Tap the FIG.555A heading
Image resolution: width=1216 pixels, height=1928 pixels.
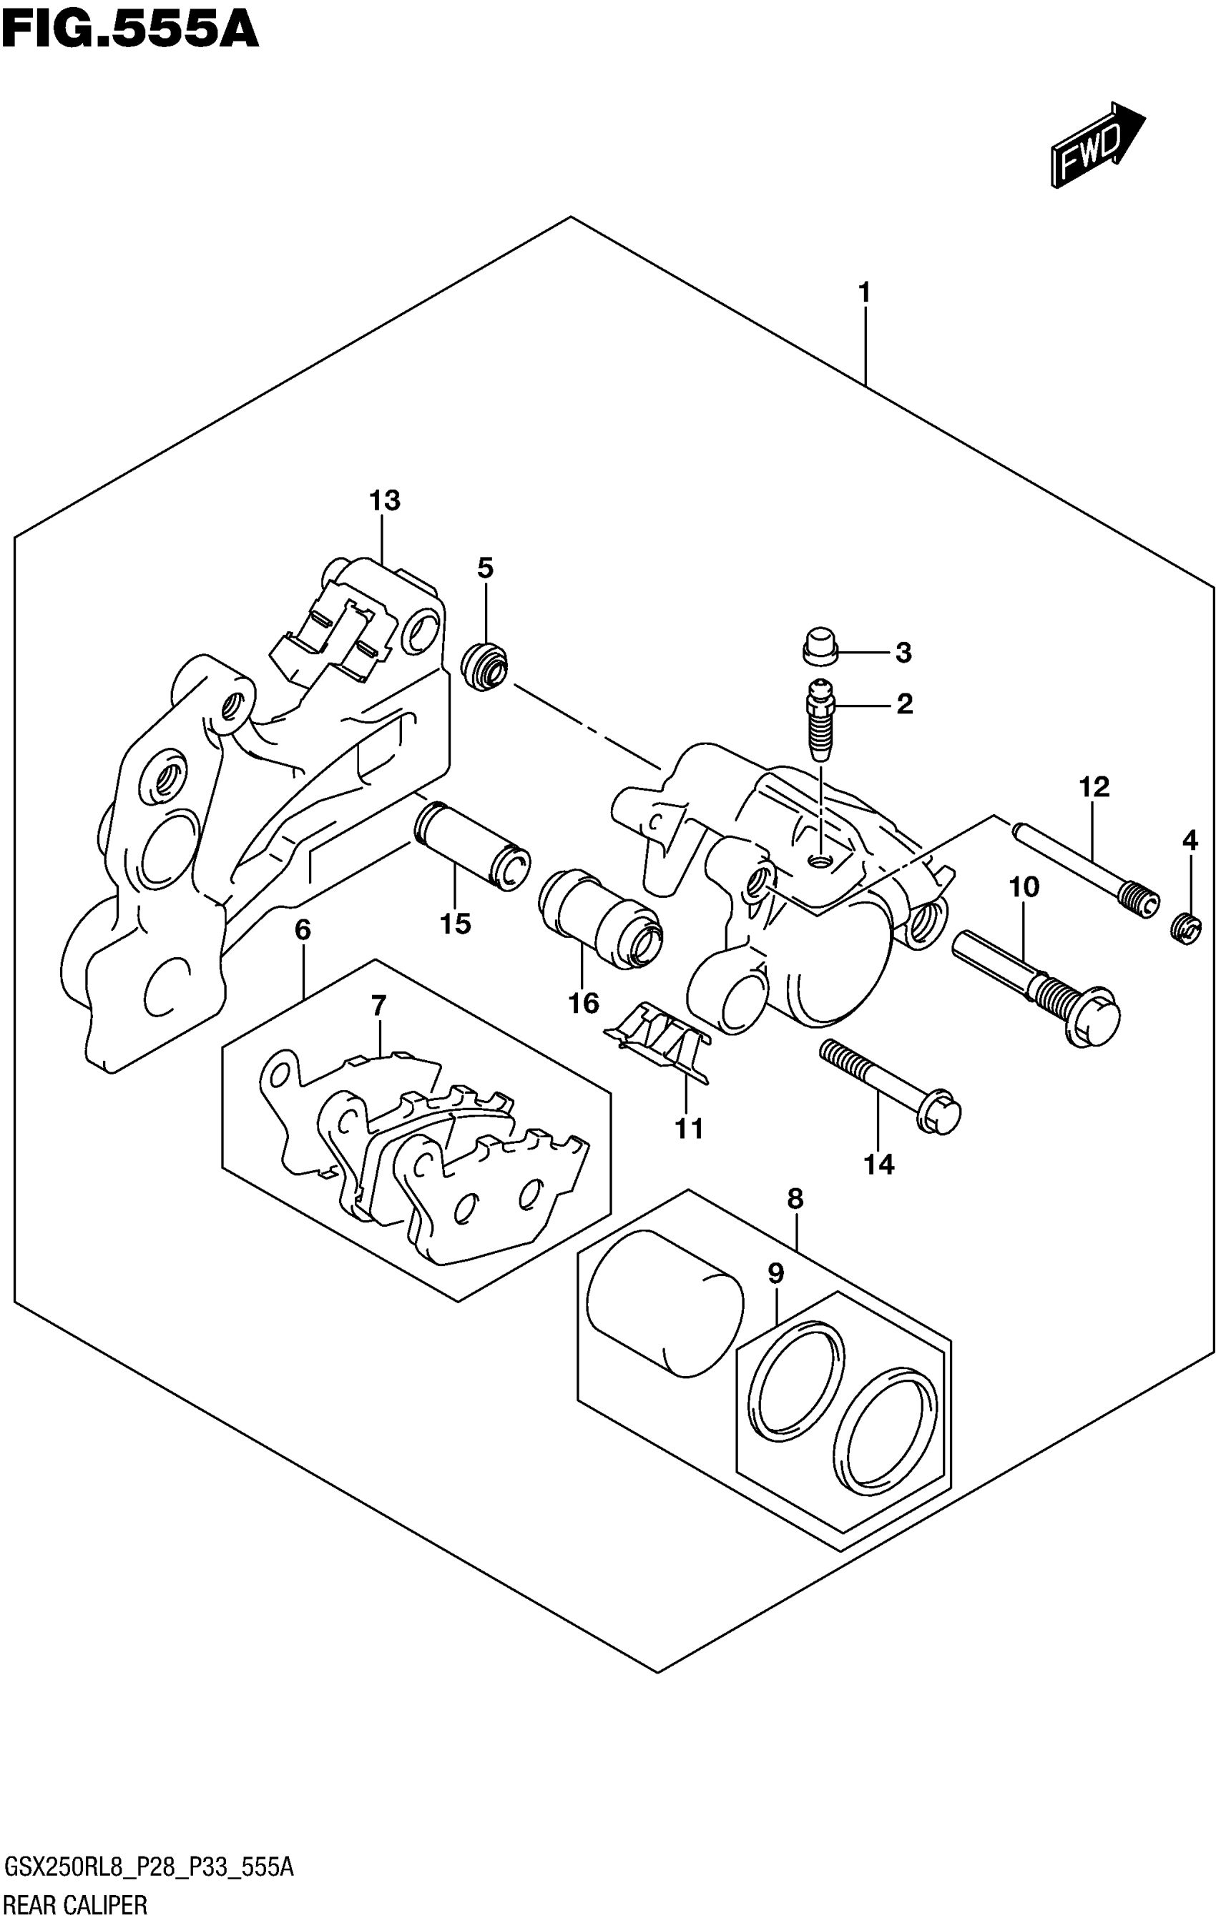point(129,31)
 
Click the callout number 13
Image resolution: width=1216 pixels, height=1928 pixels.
point(385,501)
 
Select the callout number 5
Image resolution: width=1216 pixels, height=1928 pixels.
point(486,568)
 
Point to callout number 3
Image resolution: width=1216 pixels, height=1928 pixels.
point(903,653)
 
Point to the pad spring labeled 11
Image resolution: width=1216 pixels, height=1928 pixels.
point(660,1041)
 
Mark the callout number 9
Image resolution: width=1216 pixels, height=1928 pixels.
point(775,1273)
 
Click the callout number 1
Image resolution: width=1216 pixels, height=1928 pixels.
point(863,293)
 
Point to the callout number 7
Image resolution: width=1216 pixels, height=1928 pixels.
point(378,1005)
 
